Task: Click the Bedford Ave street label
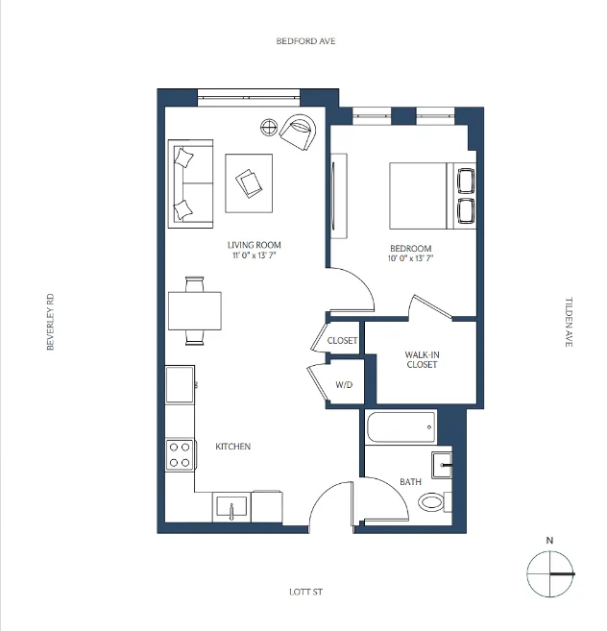click(305, 41)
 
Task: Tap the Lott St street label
click(305, 593)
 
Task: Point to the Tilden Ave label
click(568, 322)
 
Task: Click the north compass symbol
click(549, 573)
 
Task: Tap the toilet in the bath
click(433, 500)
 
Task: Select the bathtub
click(401, 426)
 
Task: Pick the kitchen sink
click(231, 505)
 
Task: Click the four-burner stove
click(179, 453)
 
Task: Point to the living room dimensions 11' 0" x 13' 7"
click(255, 256)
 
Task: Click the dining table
click(194, 310)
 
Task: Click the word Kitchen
click(232, 447)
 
